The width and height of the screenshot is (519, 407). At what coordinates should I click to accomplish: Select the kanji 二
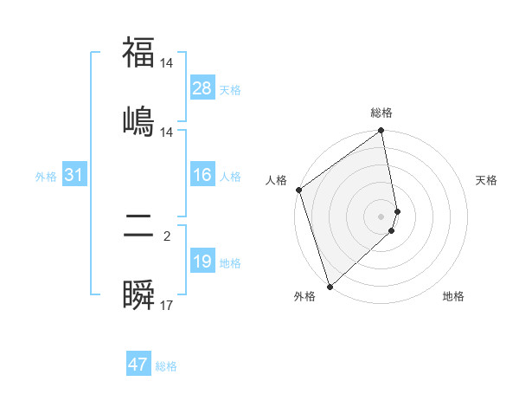coord(138,228)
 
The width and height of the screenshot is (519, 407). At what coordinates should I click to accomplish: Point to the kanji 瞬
coord(138,295)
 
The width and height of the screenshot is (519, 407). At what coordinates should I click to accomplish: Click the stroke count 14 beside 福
coord(167,63)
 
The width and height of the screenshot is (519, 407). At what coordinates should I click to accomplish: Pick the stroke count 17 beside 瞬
coord(167,306)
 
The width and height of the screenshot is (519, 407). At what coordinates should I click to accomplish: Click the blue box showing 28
coord(202,88)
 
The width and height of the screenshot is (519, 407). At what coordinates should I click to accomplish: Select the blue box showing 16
coord(202,176)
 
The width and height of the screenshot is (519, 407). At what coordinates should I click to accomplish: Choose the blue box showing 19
coord(202,262)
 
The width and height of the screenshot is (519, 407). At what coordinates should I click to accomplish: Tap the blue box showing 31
coord(74,176)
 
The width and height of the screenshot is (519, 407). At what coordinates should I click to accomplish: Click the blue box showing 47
coord(138,365)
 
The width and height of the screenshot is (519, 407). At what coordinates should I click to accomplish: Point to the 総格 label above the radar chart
coord(381,113)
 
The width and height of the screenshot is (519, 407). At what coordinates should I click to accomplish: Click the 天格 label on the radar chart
coord(486,180)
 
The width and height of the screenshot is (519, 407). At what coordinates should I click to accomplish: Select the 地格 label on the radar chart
coord(453,296)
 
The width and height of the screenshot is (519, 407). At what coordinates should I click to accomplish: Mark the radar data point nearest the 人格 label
coord(298,191)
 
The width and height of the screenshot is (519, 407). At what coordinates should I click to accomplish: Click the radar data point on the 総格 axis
coord(381,132)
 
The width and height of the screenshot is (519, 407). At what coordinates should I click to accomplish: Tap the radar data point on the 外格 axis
coord(330,286)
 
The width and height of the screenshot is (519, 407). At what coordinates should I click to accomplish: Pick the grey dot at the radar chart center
coord(381,216)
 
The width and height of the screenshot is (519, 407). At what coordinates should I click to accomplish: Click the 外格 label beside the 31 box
coord(46,177)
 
